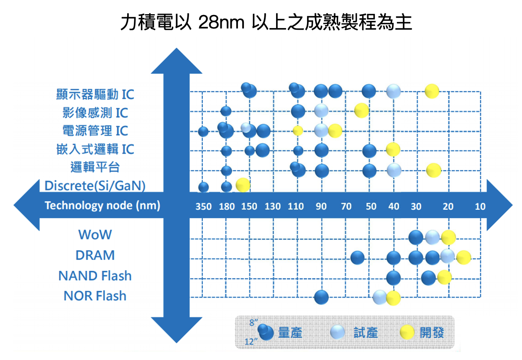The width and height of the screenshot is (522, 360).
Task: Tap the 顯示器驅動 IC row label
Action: click(95, 94)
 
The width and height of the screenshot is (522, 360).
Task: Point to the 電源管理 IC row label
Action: click(95, 131)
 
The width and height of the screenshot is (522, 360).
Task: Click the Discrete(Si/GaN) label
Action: click(95, 185)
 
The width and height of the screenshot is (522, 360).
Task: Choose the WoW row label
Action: click(95, 234)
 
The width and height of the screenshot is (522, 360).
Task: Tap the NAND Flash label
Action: click(95, 276)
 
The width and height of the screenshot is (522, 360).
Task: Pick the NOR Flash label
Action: click(95, 296)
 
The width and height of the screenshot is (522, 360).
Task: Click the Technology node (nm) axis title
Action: click(102, 206)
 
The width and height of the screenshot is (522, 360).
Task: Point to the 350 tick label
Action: click(204, 206)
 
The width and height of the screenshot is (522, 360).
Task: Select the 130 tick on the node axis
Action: click(273, 206)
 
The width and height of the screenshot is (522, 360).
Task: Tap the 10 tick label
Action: click(480, 206)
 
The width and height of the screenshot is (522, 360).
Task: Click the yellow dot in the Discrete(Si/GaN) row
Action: click(243, 184)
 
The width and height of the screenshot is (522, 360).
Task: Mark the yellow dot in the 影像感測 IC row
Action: click(361, 110)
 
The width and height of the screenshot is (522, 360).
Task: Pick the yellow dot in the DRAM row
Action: click(463, 257)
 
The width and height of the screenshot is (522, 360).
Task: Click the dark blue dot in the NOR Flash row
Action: click(321, 297)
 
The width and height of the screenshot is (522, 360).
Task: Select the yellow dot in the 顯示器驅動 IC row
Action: click(432, 91)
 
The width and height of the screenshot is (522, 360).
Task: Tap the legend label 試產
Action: click(366, 333)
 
